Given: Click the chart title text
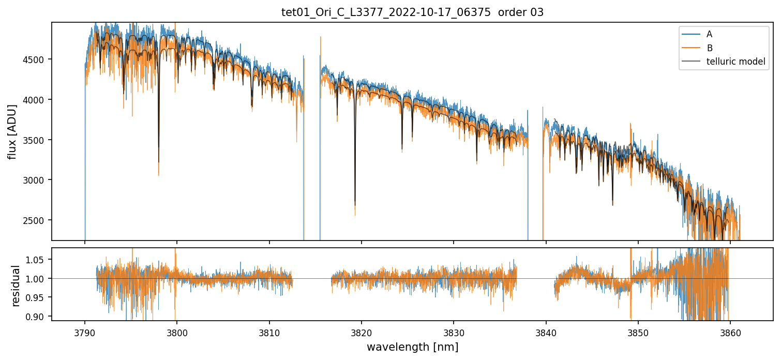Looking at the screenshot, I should [x=412, y=12].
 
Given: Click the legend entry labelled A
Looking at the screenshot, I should [x=709, y=34].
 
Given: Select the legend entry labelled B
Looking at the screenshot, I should [x=709, y=48].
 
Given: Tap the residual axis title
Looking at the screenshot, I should [x=16, y=286].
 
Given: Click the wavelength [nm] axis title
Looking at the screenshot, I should [x=412, y=347].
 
